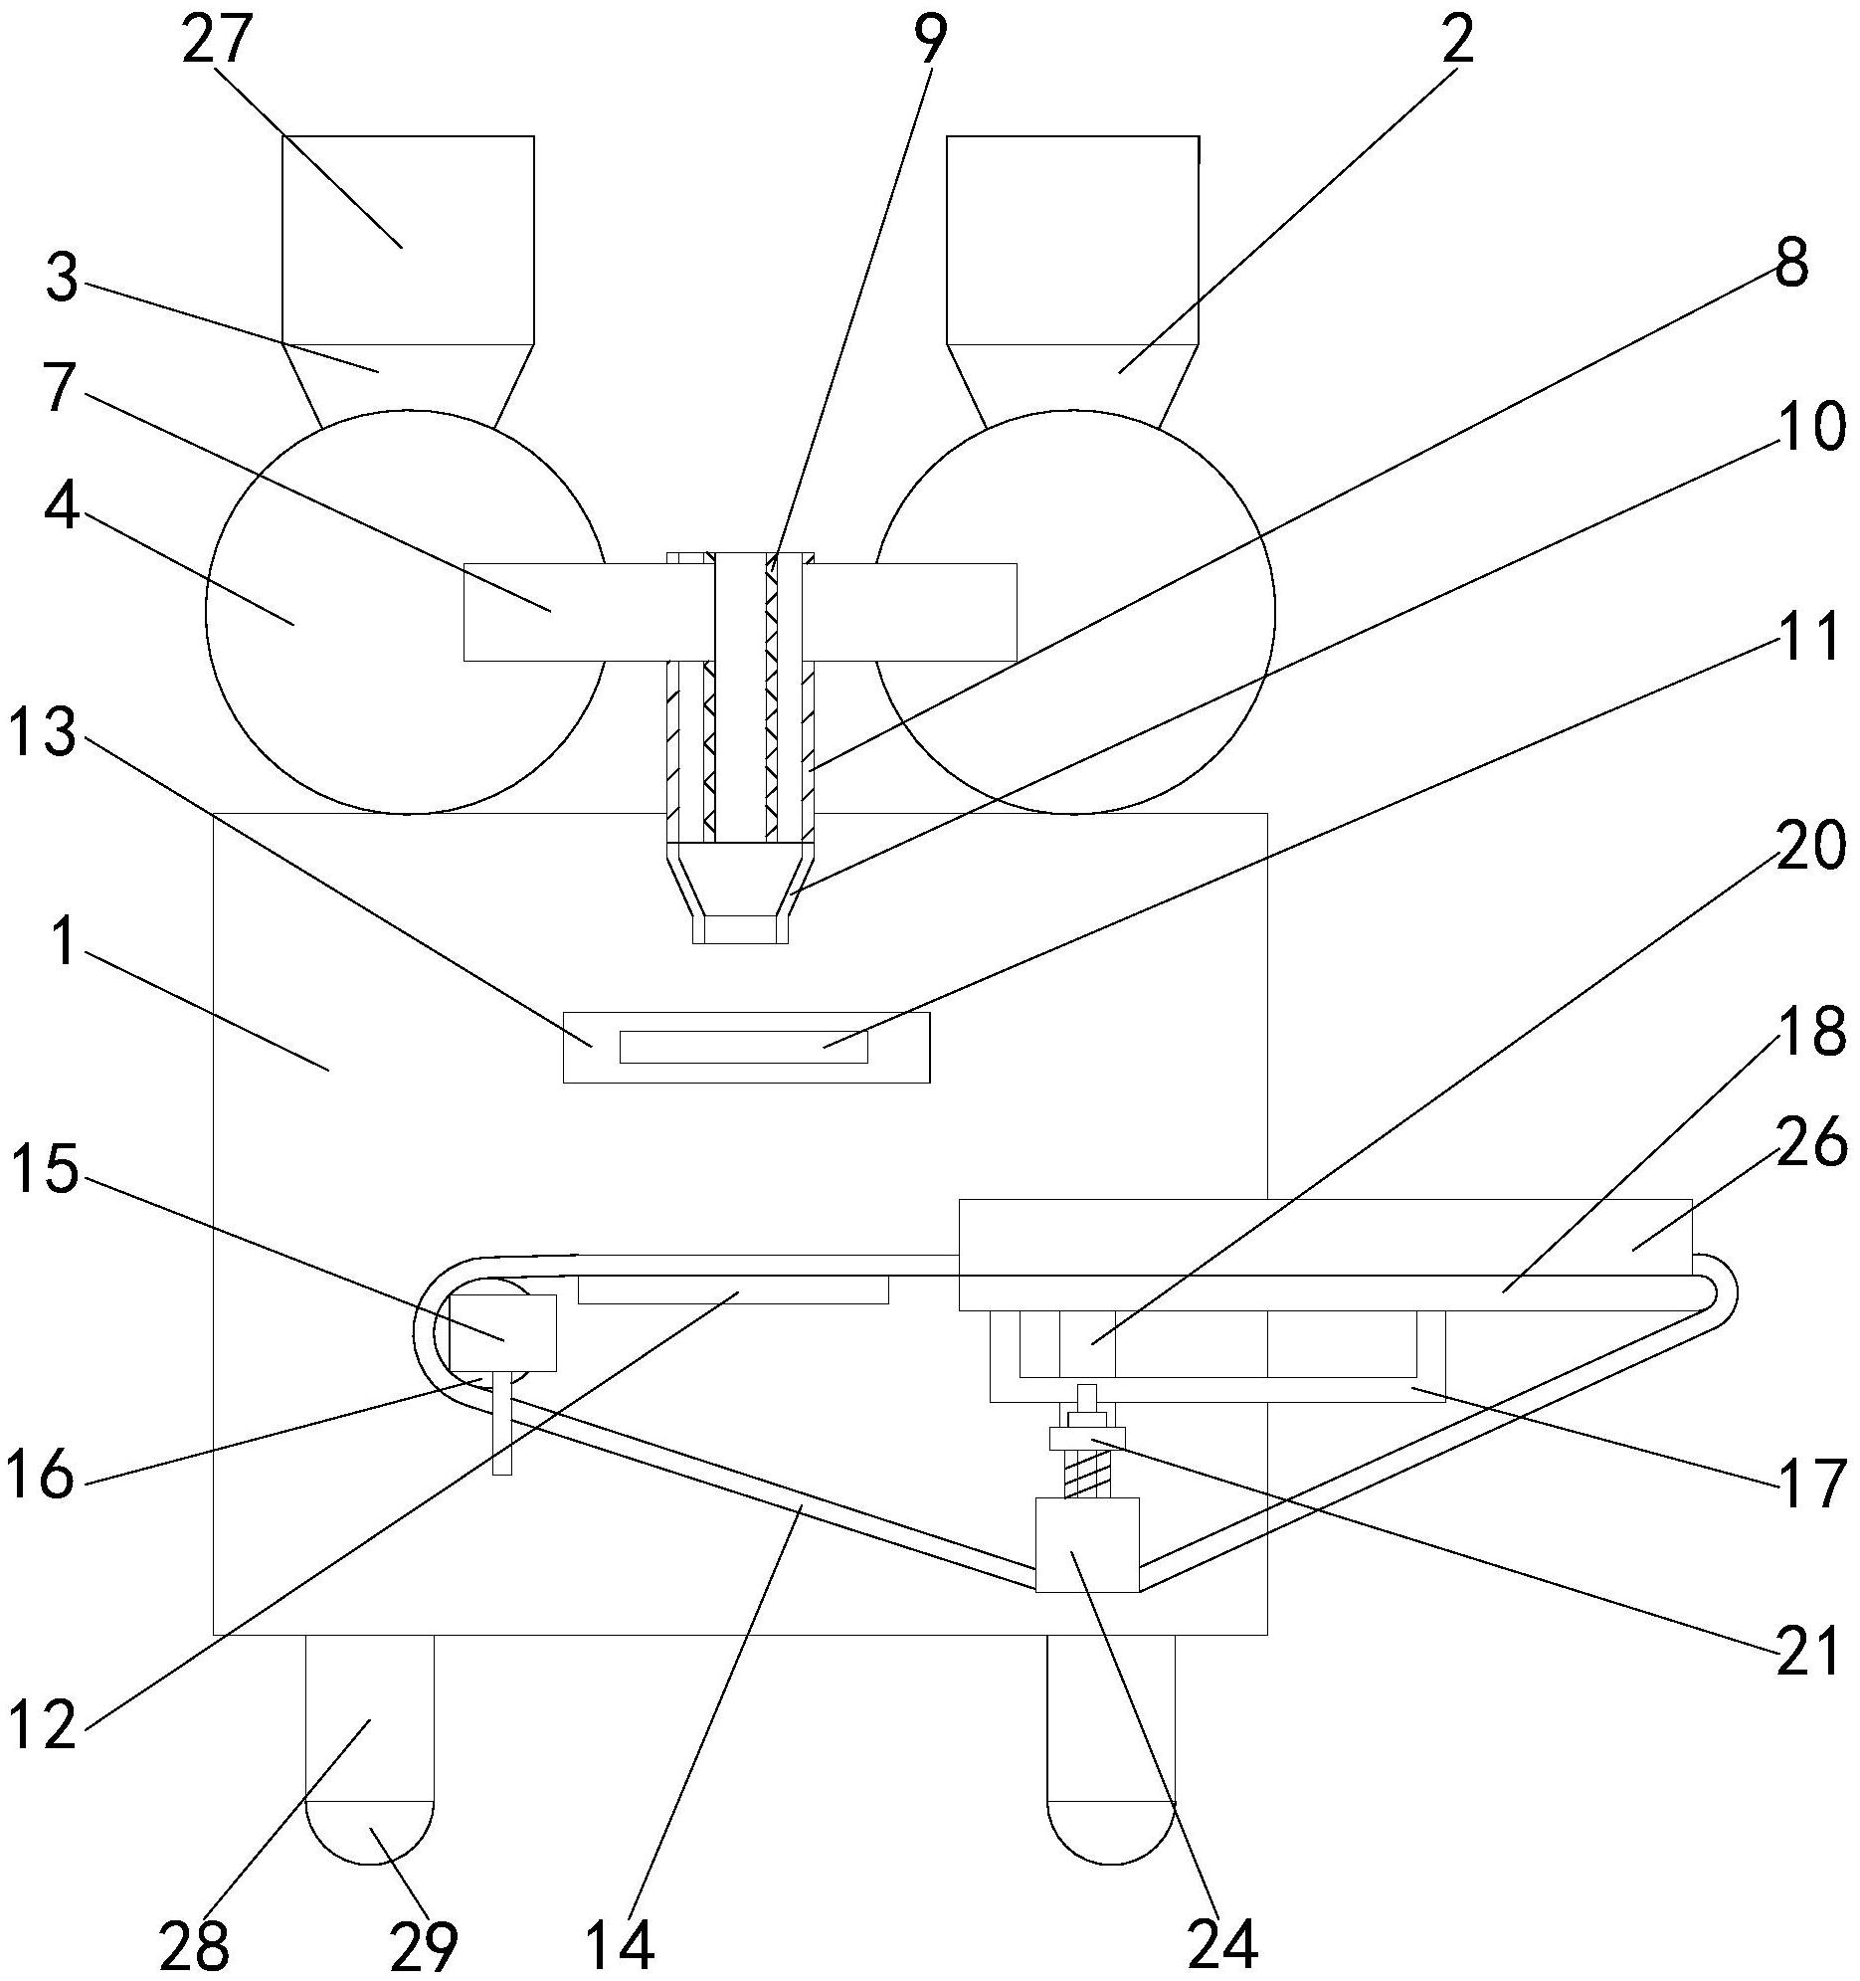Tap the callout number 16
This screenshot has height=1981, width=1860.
click(x=41, y=1476)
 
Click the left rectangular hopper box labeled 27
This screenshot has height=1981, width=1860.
click(x=409, y=240)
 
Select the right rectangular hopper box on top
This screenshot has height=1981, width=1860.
click(x=1073, y=240)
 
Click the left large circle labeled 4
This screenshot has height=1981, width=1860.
click(x=406, y=611)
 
